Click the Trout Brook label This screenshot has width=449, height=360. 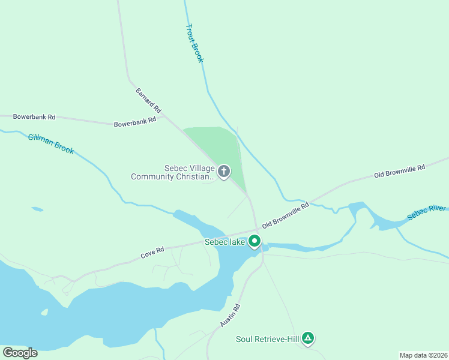coord(195,43)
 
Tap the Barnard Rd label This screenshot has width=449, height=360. coord(148,101)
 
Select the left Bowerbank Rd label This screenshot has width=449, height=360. coord(34,116)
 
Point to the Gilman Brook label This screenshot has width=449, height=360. coord(51,144)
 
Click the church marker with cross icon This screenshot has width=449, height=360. coord(223,172)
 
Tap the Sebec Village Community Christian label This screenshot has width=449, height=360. coord(173,173)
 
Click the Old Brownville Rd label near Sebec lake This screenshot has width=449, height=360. coord(286,214)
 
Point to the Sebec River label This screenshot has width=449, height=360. coord(426,212)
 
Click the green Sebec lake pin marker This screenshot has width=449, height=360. coord(255,241)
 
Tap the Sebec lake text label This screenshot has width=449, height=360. coord(224,242)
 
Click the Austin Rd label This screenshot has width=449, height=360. coord(230,315)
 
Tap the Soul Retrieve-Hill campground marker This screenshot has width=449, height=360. coord(308,338)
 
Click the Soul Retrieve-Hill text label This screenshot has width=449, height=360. coord(267,340)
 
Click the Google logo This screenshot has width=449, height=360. coord(20,353)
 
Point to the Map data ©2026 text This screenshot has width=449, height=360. coord(423,355)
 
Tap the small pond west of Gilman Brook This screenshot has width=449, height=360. coord(37,209)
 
